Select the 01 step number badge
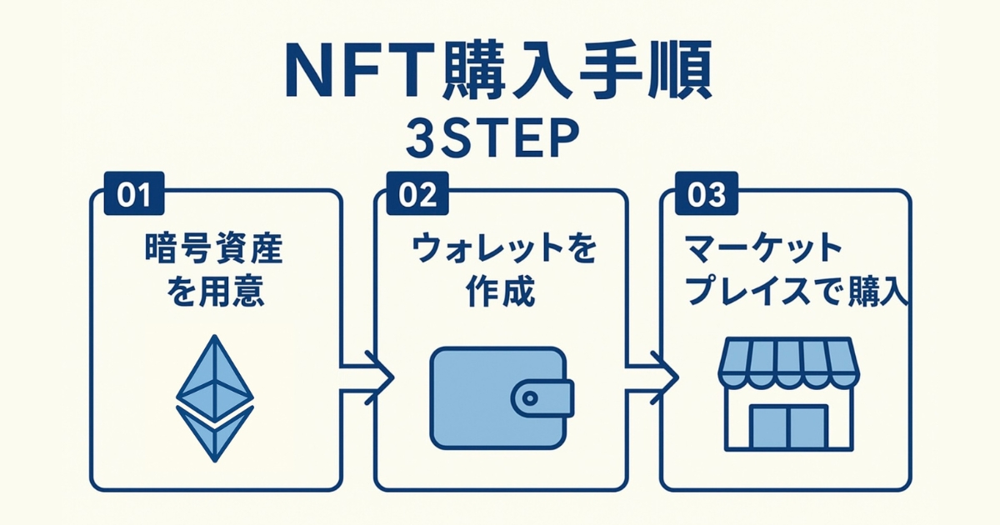tap(133, 194)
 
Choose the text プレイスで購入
tap(796, 293)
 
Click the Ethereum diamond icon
tap(214, 399)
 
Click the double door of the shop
tap(787, 427)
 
